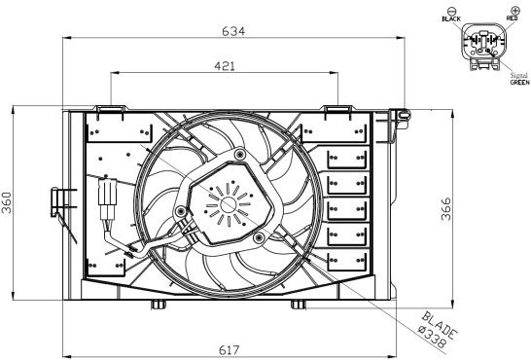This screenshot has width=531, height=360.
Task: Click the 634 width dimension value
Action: pyautogui.click(x=233, y=31)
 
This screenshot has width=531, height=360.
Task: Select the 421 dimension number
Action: pyautogui.click(x=225, y=66)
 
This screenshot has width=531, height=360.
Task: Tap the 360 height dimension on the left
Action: pyautogui.click(x=7, y=202)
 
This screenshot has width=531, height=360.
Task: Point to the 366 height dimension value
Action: pyautogui.click(x=446, y=209)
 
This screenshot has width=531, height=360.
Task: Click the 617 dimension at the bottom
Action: pyautogui.click(x=230, y=350)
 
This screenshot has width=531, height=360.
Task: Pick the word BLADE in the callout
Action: pyautogui.click(x=440, y=325)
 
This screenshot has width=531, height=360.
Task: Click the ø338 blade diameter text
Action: pyautogui.click(x=432, y=337)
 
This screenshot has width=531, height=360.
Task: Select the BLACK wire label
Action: pyautogui.click(x=451, y=18)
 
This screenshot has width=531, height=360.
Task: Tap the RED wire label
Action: pyautogui.click(x=512, y=18)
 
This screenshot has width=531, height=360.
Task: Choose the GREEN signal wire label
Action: pyautogui.click(x=520, y=83)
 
